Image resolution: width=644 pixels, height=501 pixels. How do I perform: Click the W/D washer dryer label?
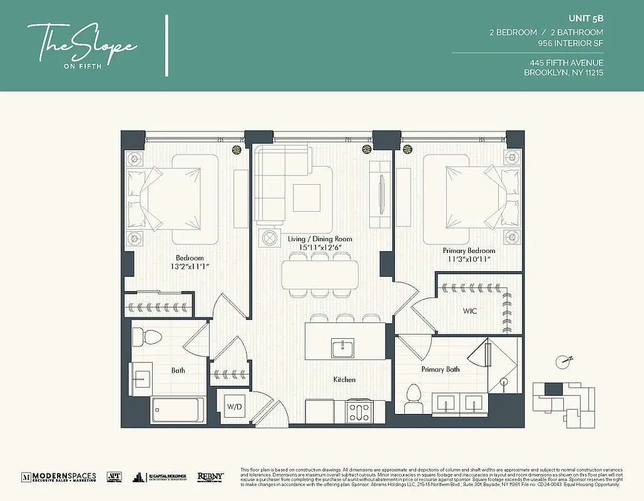pyautogui.click(x=234, y=406)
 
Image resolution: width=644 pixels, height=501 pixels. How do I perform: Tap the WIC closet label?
pyautogui.click(x=469, y=311)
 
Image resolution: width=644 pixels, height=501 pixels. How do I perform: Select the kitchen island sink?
pyautogui.click(x=342, y=348)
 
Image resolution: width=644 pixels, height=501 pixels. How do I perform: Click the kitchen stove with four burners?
pyautogui.click(x=359, y=412)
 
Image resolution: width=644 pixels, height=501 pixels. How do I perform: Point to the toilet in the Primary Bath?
pyautogui.click(x=413, y=398)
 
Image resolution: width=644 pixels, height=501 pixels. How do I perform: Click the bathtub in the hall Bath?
pyautogui.click(x=178, y=411)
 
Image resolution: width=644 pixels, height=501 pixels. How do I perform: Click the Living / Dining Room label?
pyautogui.click(x=320, y=239)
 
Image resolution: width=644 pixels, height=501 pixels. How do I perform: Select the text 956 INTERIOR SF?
pyautogui.click(x=570, y=44)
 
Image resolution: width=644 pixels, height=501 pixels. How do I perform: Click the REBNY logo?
pyautogui.click(x=211, y=477)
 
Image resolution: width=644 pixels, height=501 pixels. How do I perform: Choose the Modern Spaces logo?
pyautogui.click(x=59, y=477)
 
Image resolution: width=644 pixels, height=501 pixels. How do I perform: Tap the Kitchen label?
pyautogui.click(x=344, y=380)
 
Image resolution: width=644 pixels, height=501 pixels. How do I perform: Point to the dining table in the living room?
pyautogui.click(x=320, y=274)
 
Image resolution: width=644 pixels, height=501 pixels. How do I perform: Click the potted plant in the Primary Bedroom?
pyautogui.click(x=408, y=149)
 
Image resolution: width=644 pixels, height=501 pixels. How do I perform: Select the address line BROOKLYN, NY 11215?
pyautogui.click(x=563, y=73)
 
